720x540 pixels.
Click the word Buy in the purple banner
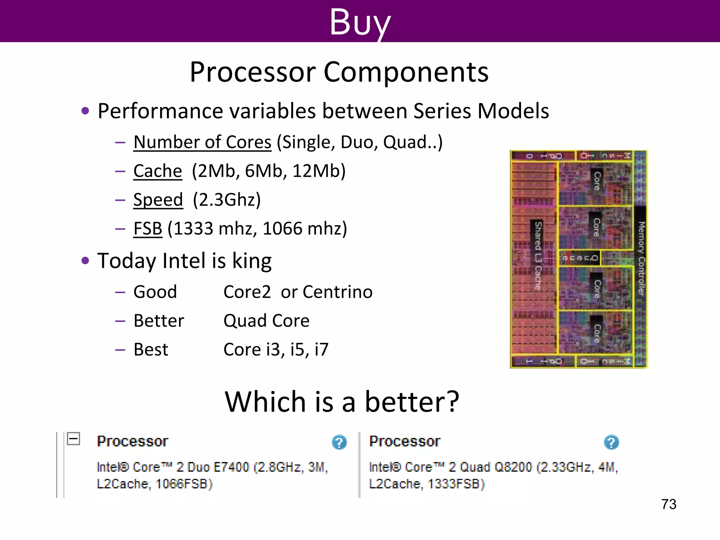(360, 22)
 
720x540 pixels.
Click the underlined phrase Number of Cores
(202, 142)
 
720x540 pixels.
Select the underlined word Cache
(157, 171)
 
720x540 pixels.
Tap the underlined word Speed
(158, 200)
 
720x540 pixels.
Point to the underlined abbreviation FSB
(148, 229)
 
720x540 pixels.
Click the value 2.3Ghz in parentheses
(227, 200)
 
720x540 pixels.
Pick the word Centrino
(337, 292)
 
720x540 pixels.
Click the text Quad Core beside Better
(266, 321)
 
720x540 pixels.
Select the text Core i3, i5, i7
(276, 349)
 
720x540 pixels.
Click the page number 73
(668, 504)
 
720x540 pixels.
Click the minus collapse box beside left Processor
(73, 438)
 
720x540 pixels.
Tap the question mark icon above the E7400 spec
(339, 442)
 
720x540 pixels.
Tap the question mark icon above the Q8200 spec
(611, 442)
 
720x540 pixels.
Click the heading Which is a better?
(342, 402)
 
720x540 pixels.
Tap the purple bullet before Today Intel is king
(85, 261)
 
